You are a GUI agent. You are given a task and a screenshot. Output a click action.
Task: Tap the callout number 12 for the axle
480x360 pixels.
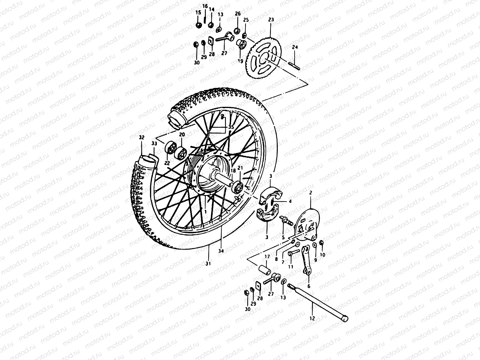pyautogui.click(x=312, y=318)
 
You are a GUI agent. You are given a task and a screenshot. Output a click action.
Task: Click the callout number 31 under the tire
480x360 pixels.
pyautogui.click(x=208, y=264)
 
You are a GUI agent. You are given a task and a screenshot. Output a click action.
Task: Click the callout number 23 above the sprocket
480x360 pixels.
pyautogui.click(x=271, y=20)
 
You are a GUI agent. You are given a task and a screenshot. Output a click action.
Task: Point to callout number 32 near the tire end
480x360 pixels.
pyautogui.click(x=142, y=137)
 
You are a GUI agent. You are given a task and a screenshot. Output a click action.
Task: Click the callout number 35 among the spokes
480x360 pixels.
pyautogui.click(x=230, y=127)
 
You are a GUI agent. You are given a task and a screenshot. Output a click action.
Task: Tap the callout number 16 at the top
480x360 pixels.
pyautogui.click(x=205, y=6)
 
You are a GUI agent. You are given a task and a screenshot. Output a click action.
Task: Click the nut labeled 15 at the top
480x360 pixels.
pyautogui.click(x=198, y=25)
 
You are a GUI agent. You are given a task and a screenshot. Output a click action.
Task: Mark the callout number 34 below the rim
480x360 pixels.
pyautogui.click(x=221, y=251)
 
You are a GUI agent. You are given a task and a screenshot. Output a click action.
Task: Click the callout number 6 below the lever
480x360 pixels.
pyautogui.click(x=309, y=286)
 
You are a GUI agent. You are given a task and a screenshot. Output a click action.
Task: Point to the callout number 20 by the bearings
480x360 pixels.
pyautogui.click(x=182, y=134)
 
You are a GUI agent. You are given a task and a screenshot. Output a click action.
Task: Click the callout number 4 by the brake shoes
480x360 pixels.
pyautogui.click(x=290, y=202)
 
